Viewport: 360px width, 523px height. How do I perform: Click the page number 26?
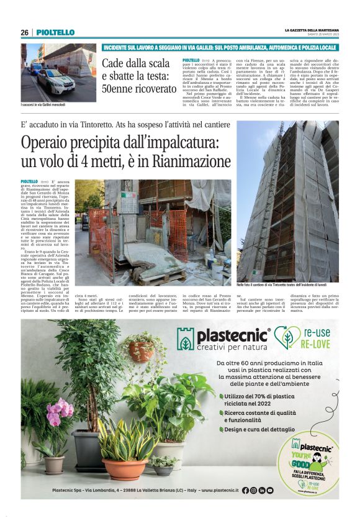(24, 32)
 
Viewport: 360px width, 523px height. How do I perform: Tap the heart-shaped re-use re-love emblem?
(287, 338)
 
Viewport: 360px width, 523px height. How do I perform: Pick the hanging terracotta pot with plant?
(141, 350)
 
